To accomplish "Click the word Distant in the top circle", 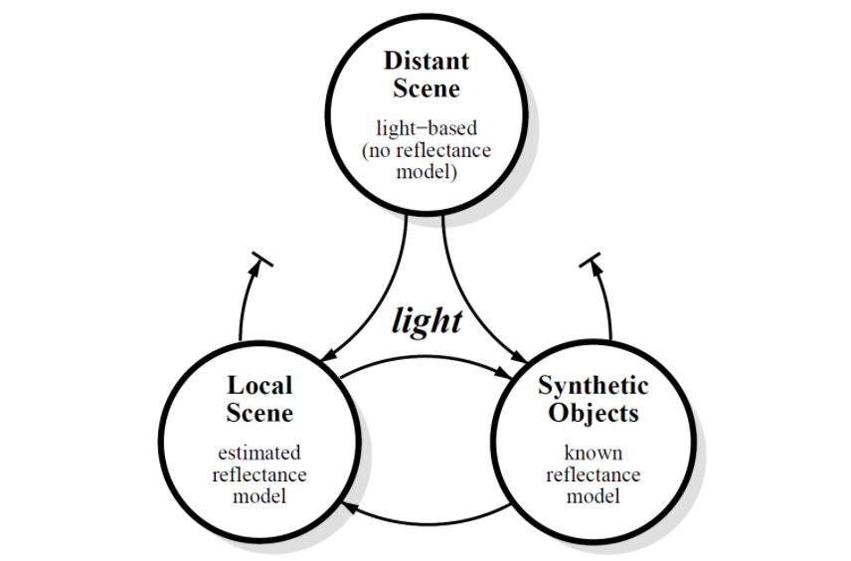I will [426, 60].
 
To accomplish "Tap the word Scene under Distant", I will [426, 89].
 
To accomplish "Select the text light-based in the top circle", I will [426, 127].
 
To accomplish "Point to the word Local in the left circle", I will [259, 385].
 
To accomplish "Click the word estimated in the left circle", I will [259, 453].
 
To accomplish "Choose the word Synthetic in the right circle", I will [594, 385].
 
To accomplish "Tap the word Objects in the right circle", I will [594, 413].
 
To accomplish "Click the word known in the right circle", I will [594, 453].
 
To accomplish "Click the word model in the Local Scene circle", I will [259, 495].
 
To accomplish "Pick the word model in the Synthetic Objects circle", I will [594, 495].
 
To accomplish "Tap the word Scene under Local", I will [259, 413].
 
